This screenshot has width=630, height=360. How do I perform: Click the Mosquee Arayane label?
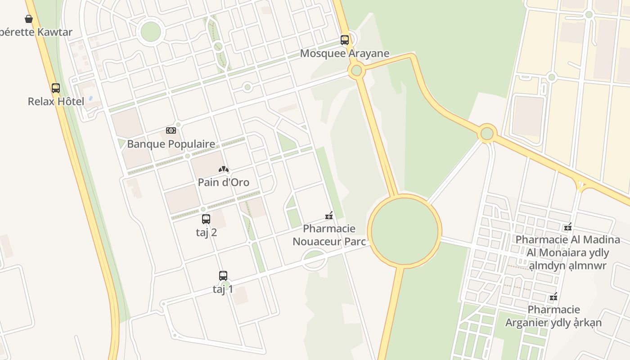pyautogui.click(x=344, y=54)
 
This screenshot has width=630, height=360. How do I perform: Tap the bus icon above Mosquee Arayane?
pyautogui.click(x=345, y=40)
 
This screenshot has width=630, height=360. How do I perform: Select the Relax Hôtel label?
pyautogui.click(x=56, y=101)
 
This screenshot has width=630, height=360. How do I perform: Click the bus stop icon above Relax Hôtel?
pyautogui.click(x=56, y=88)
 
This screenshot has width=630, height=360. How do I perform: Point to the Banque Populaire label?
pyautogui.click(x=171, y=144)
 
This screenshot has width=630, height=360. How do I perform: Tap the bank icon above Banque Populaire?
pyautogui.click(x=171, y=130)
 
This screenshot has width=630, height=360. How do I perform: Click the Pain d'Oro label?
pyautogui.click(x=224, y=182)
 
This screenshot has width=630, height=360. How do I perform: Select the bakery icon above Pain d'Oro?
pyautogui.click(x=224, y=169)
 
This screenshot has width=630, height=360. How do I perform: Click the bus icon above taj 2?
pyautogui.click(x=206, y=219)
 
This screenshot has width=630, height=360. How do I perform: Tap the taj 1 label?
pyautogui.click(x=223, y=289)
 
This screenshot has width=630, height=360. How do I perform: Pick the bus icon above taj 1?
pyautogui.click(x=223, y=276)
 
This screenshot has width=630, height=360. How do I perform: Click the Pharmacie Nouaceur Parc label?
pyautogui.click(x=329, y=235)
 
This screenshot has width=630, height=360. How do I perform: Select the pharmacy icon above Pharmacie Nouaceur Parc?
pyautogui.click(x=329, y=216)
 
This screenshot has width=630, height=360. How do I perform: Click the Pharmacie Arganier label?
pyautogui.click(x=553, y=316)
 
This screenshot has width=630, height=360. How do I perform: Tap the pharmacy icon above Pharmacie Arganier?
pyautogui.click(x=554, y=297)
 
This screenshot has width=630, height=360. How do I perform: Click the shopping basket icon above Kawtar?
pyautogui.click(x=29, y=19)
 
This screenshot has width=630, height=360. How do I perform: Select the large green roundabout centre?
pyautogui.click(x=405, y=231)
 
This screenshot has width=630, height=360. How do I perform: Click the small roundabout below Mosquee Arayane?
pyautogui.click(x=356, y=70)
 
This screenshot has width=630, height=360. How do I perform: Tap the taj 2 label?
pyautogui.click(x=206, y=233)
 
